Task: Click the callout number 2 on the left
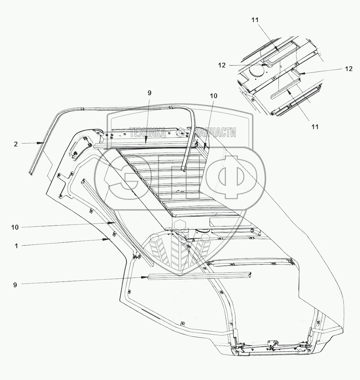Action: [x=16, y=144]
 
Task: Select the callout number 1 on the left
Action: [x=16, y=246]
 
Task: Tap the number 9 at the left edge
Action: [x=15, y=285]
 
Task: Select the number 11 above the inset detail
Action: [x=256, y=20]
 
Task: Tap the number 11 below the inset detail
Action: [x=315, y=126]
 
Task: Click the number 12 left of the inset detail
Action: [x=222, y=65]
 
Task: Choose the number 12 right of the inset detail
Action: [x=348, y=69]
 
